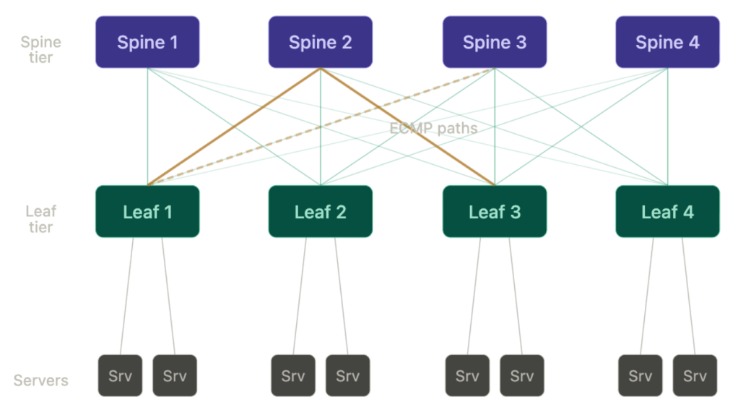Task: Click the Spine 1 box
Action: [x=147, y=42]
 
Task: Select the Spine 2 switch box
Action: [x=321, y=42]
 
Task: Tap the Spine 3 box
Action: [x=495, y=42]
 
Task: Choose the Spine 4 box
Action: [x=667, y=42]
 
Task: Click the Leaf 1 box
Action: [x=147, y=211]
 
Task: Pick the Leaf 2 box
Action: [x=321, y=211]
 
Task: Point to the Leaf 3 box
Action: [x=495, y=211]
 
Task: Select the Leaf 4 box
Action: [x=667, y=211]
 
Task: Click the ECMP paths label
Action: [x=433, y=128]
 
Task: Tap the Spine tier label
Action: [x=40, y=50]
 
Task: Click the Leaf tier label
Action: [x=40, y=219]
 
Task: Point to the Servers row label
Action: [x=40, y=380]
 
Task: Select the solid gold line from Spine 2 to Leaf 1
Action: [x=234, y=127]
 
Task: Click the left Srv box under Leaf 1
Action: [x=120, y=375]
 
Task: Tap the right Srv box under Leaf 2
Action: [x=347, y=375]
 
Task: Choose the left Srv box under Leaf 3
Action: [x=467, y=375]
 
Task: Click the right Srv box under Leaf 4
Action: [x=695, y=375]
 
